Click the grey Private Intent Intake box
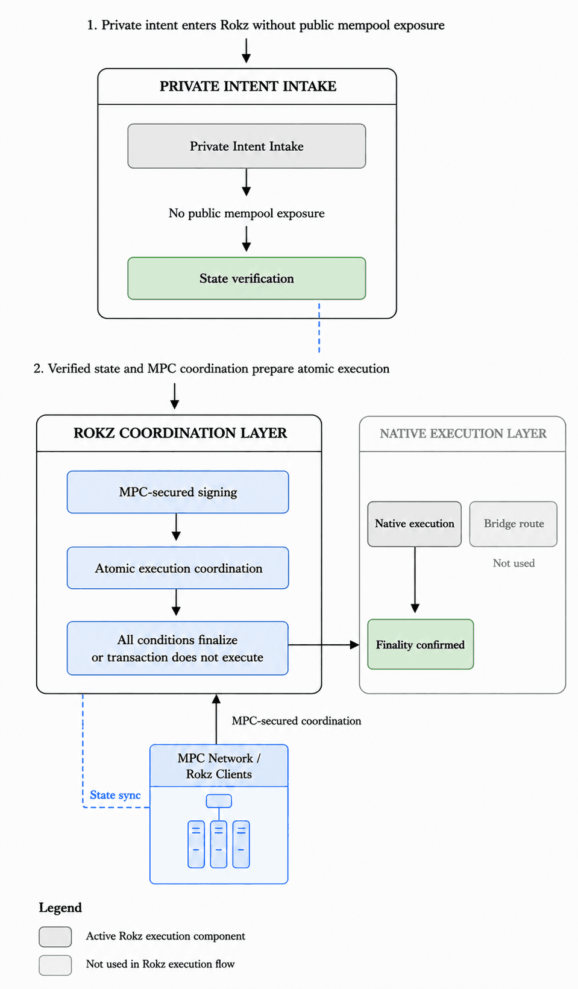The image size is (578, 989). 247,146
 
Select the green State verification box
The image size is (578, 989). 247,278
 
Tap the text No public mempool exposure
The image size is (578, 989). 247,213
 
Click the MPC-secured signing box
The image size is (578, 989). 178,492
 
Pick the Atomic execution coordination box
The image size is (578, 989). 178,568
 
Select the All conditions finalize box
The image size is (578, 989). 178,648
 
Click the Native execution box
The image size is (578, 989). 414,524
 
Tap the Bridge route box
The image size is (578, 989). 513,524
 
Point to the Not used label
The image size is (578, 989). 514,563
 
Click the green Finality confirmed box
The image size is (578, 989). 420,645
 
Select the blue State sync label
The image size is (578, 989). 115,795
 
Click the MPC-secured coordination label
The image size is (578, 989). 297,721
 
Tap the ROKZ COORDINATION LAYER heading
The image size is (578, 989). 180,433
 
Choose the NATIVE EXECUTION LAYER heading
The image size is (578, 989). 463,433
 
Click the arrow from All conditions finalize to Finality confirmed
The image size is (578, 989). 324,645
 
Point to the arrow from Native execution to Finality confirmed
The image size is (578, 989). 415,580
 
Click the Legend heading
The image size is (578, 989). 60,908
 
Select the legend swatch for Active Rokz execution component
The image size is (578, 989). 55,937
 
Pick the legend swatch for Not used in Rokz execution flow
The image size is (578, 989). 55,965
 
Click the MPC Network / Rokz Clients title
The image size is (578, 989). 219,766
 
